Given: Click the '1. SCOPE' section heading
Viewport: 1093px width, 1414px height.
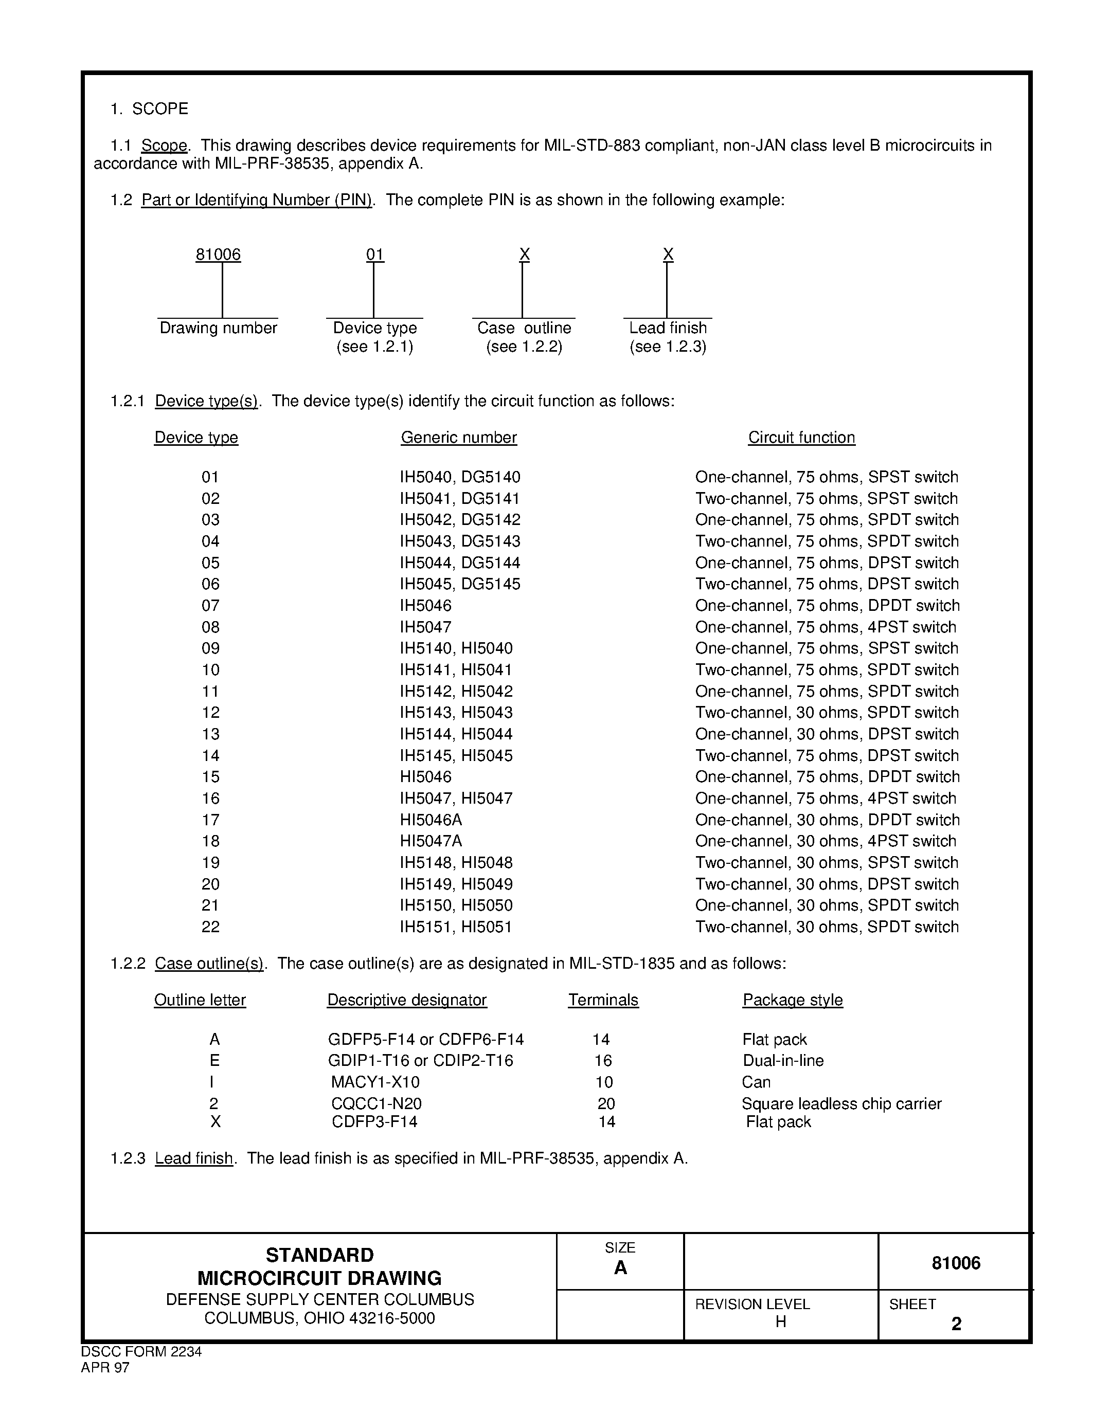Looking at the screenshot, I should [150, 109].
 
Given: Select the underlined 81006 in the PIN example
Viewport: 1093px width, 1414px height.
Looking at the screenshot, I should [218, 255].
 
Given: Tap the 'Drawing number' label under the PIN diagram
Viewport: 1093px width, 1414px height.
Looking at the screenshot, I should [218, 328].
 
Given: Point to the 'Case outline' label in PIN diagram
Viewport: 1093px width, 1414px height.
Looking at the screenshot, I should [524, 328].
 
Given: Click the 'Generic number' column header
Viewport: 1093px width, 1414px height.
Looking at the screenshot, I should [458, 438].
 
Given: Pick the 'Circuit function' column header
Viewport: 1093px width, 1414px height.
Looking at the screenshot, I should [802, 438].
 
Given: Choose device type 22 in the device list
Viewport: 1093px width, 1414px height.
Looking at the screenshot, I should [210, 927].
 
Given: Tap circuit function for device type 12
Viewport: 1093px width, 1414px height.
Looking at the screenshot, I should [827, 712].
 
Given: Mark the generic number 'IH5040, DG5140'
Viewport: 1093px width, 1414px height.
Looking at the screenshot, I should [460, 477].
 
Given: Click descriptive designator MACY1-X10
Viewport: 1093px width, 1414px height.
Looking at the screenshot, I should [375, 1082].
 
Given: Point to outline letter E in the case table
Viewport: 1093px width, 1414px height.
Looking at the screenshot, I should [215, 1060].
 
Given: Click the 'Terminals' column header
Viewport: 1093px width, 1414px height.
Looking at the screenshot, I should [603, 1000].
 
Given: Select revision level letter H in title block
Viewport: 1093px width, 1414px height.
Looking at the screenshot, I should [780, 1321].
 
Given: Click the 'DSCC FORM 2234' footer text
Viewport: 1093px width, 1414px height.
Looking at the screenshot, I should [141, 1352].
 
